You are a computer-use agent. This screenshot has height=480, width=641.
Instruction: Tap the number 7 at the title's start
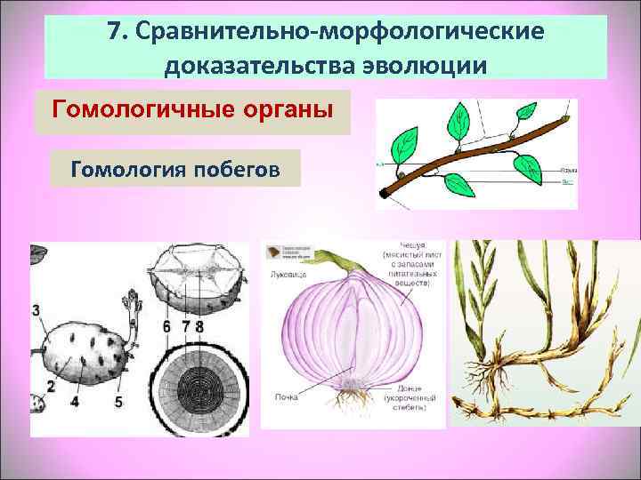(114, 32)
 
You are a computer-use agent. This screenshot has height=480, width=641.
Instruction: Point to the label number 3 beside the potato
(36, 310)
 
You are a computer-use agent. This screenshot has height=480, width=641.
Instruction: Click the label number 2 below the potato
(52, 386)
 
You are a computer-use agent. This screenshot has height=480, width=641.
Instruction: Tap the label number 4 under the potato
(75, 401)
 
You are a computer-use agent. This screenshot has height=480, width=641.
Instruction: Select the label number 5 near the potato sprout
(118, 400)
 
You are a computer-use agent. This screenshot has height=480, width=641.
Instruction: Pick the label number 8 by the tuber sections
(199, 327)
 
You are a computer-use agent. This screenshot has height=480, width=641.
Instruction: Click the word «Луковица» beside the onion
(288, 276)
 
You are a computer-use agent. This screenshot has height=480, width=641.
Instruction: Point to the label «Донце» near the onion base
(401, 389)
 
